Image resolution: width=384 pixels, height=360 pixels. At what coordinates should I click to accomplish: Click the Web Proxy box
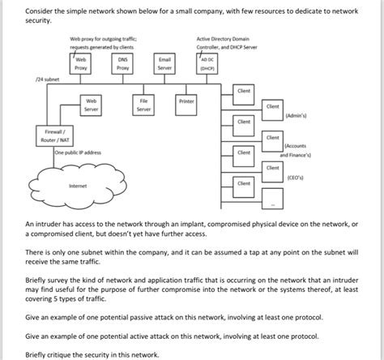click(81, 63)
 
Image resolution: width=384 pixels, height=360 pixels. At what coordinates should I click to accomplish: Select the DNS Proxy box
click(123, 63)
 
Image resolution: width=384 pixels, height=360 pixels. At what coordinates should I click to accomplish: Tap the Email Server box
click(164, 63)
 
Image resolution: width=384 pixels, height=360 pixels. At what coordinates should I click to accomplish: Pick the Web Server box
click(91, 105)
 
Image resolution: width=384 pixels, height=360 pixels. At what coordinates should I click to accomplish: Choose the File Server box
click(143, 105)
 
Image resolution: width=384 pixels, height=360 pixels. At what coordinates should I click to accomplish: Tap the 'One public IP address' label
click(78, 152)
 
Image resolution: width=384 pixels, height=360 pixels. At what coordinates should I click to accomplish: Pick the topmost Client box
click(243, 92)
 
